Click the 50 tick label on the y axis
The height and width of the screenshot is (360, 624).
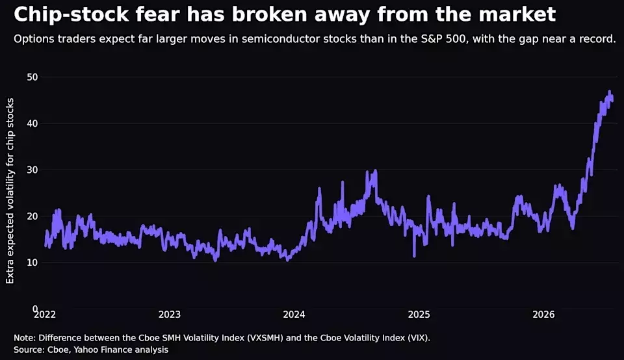coord(32,77)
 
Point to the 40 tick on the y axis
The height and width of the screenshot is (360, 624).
coord(32,123)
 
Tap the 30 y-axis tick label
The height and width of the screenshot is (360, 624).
coord(32,170)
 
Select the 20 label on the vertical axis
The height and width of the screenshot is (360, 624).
coord(32,216)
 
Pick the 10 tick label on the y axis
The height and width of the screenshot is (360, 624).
coord(32,263)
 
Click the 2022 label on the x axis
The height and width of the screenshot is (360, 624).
coord(45,315)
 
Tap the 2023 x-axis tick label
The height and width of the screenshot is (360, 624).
coord(170,315)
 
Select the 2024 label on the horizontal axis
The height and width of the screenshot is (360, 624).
coord(294,315)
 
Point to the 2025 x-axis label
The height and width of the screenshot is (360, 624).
coord(419,315)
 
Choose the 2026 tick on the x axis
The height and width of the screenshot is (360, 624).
coord(543,315)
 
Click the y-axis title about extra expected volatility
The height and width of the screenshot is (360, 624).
coord(10,191)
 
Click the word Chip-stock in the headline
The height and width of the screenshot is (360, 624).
coord(71,15)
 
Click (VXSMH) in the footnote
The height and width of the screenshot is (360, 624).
coord(265,338)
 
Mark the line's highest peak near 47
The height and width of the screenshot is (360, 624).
coord(609,92)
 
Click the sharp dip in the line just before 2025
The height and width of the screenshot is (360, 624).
coord(414,256)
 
